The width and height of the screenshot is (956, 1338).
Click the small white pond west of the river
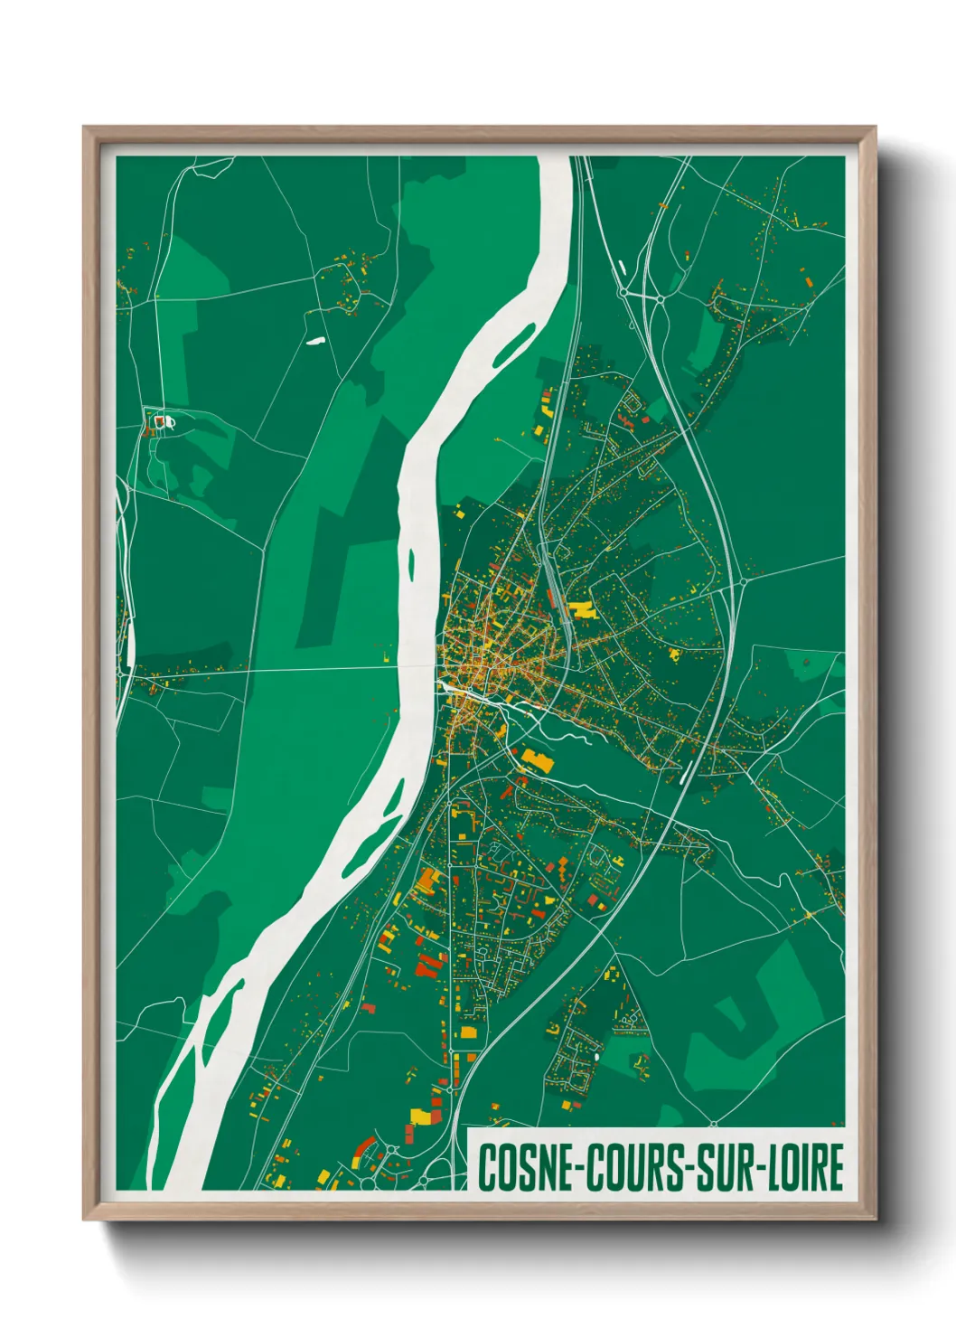pos(314,341)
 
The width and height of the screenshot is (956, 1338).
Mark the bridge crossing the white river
pos(417,668)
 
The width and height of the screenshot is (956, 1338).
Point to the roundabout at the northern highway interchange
pos(623,292)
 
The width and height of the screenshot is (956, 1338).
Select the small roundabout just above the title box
pos(712,1123)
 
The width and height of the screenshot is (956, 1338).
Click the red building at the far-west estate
pos(161,420)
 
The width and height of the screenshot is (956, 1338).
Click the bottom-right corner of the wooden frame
pos(874,1218)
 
